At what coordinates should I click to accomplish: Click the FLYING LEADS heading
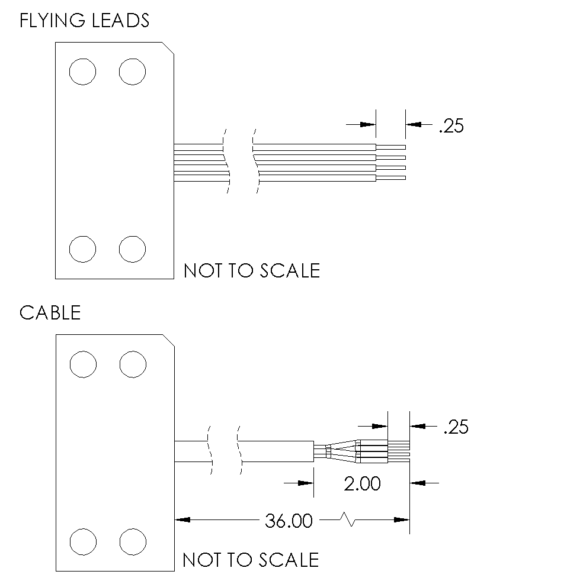click(84, 21)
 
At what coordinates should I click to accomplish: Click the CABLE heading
click(50, 312)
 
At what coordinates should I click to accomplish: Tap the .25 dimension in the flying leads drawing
click(451, 126)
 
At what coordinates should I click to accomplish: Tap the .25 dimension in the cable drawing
click(456, 427)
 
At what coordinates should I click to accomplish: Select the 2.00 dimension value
click(362, 483)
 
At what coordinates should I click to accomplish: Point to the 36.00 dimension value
click(289, 521)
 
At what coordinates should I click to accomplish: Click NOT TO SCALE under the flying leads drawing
click(252, 270)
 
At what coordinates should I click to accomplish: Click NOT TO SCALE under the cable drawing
click(251, 559)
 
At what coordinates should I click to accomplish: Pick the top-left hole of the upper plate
click(82, 72)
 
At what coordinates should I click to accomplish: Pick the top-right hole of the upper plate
click(132, 72)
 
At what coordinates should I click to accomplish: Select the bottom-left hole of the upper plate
click(82, 248)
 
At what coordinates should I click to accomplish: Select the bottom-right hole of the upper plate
click(132, 248)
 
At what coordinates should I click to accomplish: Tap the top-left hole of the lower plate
click(82, 364)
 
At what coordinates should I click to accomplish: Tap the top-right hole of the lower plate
click(132, 364)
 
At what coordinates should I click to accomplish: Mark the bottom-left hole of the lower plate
click(82, 541)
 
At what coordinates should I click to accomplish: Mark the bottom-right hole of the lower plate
click(132, 541)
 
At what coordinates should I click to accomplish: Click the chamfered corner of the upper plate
click(168, 48)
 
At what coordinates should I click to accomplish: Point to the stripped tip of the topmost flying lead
click(391, 147)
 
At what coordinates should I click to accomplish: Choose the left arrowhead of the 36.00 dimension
click(182, 520)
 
